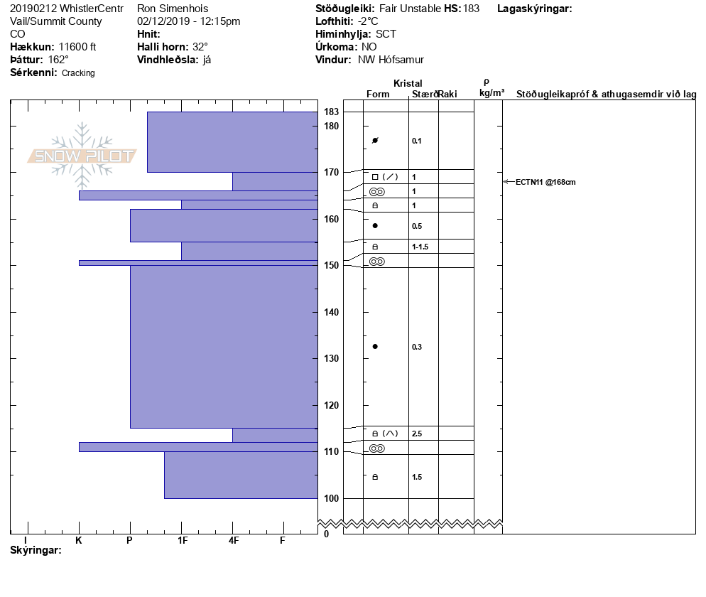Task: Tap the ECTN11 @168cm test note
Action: click(x=545, y=182)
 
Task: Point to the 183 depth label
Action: click(x=331, y=112)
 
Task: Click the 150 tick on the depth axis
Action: click(x=331, y=265)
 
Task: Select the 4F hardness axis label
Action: click(x=234, y=541)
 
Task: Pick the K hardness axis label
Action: click(x=79, y=541)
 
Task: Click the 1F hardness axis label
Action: click(x=182, y=541)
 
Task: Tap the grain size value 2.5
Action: click(x=417, y=434)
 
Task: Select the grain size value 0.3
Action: click(x=417, y=347)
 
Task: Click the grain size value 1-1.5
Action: click(x=420, y=247)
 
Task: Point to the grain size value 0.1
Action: click(x=417, y=141)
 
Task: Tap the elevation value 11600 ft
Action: click(x=77, y=47)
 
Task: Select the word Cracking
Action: click(x=78, y=73)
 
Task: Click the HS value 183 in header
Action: click(x=471, y=9)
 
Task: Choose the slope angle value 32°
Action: click(x=200, y=47)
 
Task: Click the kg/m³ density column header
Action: click(x=492, y=93)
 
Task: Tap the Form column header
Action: click(x=378, y=95)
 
